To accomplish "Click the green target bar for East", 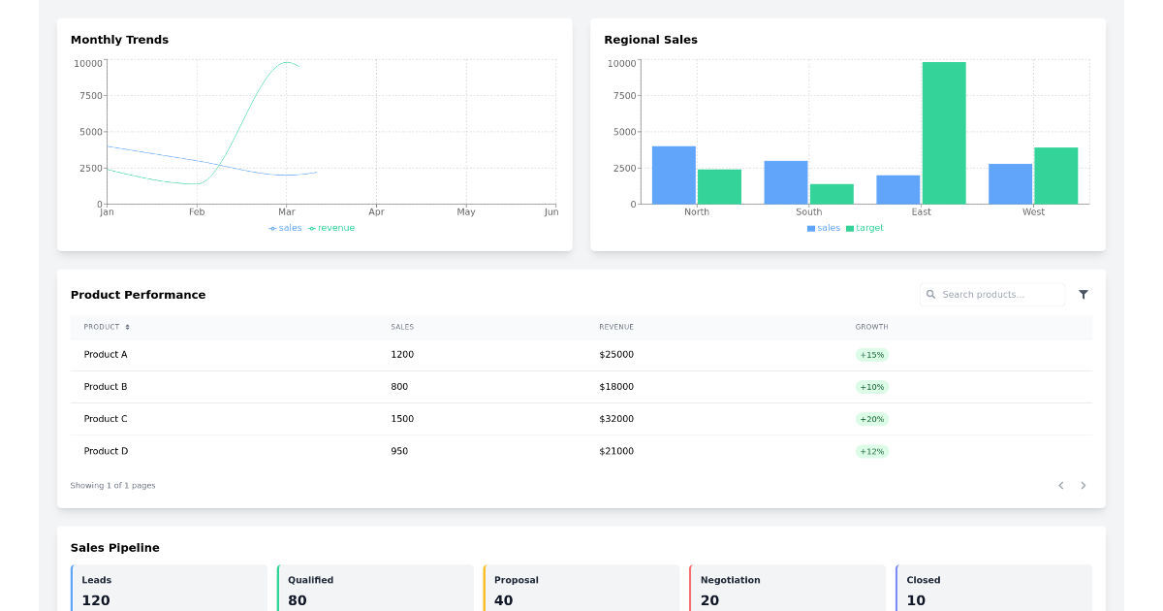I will pyautogui.click(x=944, y=133).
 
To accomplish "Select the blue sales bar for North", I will pyautogui.click(x=674, y=176).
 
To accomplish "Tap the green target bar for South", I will pyautogui.click(x=832, y=194).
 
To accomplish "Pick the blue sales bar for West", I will pyautogui.click(x=1010, y=184).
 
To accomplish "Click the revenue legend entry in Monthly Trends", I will pyautogui.click(x=331, y=228).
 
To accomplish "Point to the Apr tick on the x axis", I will pyautogui.click(x=376, y=211).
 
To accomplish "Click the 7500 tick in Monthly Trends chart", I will pyautogui.click(x=90, y=96).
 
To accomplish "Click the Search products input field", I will pyautogui.click(x=998, y=295).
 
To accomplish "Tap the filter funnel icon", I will pyautogui.click(x=1084, y=295).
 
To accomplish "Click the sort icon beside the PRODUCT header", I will pyautogui.click(x=127, y=327).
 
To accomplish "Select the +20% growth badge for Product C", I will pyautogui.click(x=871, y=419).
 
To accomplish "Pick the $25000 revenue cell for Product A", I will pyautogui.click(x=616, y=355).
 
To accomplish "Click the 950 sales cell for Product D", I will pyautogui.click(x=399, y=451).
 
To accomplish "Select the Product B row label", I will pyautogui.click(x=106, y=387).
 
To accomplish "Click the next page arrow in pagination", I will pyautogui.click(x=1084, y=485).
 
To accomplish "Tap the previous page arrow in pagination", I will pyautogui.click(x=1060, y=485).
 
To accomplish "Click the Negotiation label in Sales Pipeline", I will pyautogui.click(x=730, y=580).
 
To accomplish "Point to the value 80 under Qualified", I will pyautogui.click(x=297, y=600).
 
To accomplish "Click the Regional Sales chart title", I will pyautogui.click(x=650, y=40).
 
